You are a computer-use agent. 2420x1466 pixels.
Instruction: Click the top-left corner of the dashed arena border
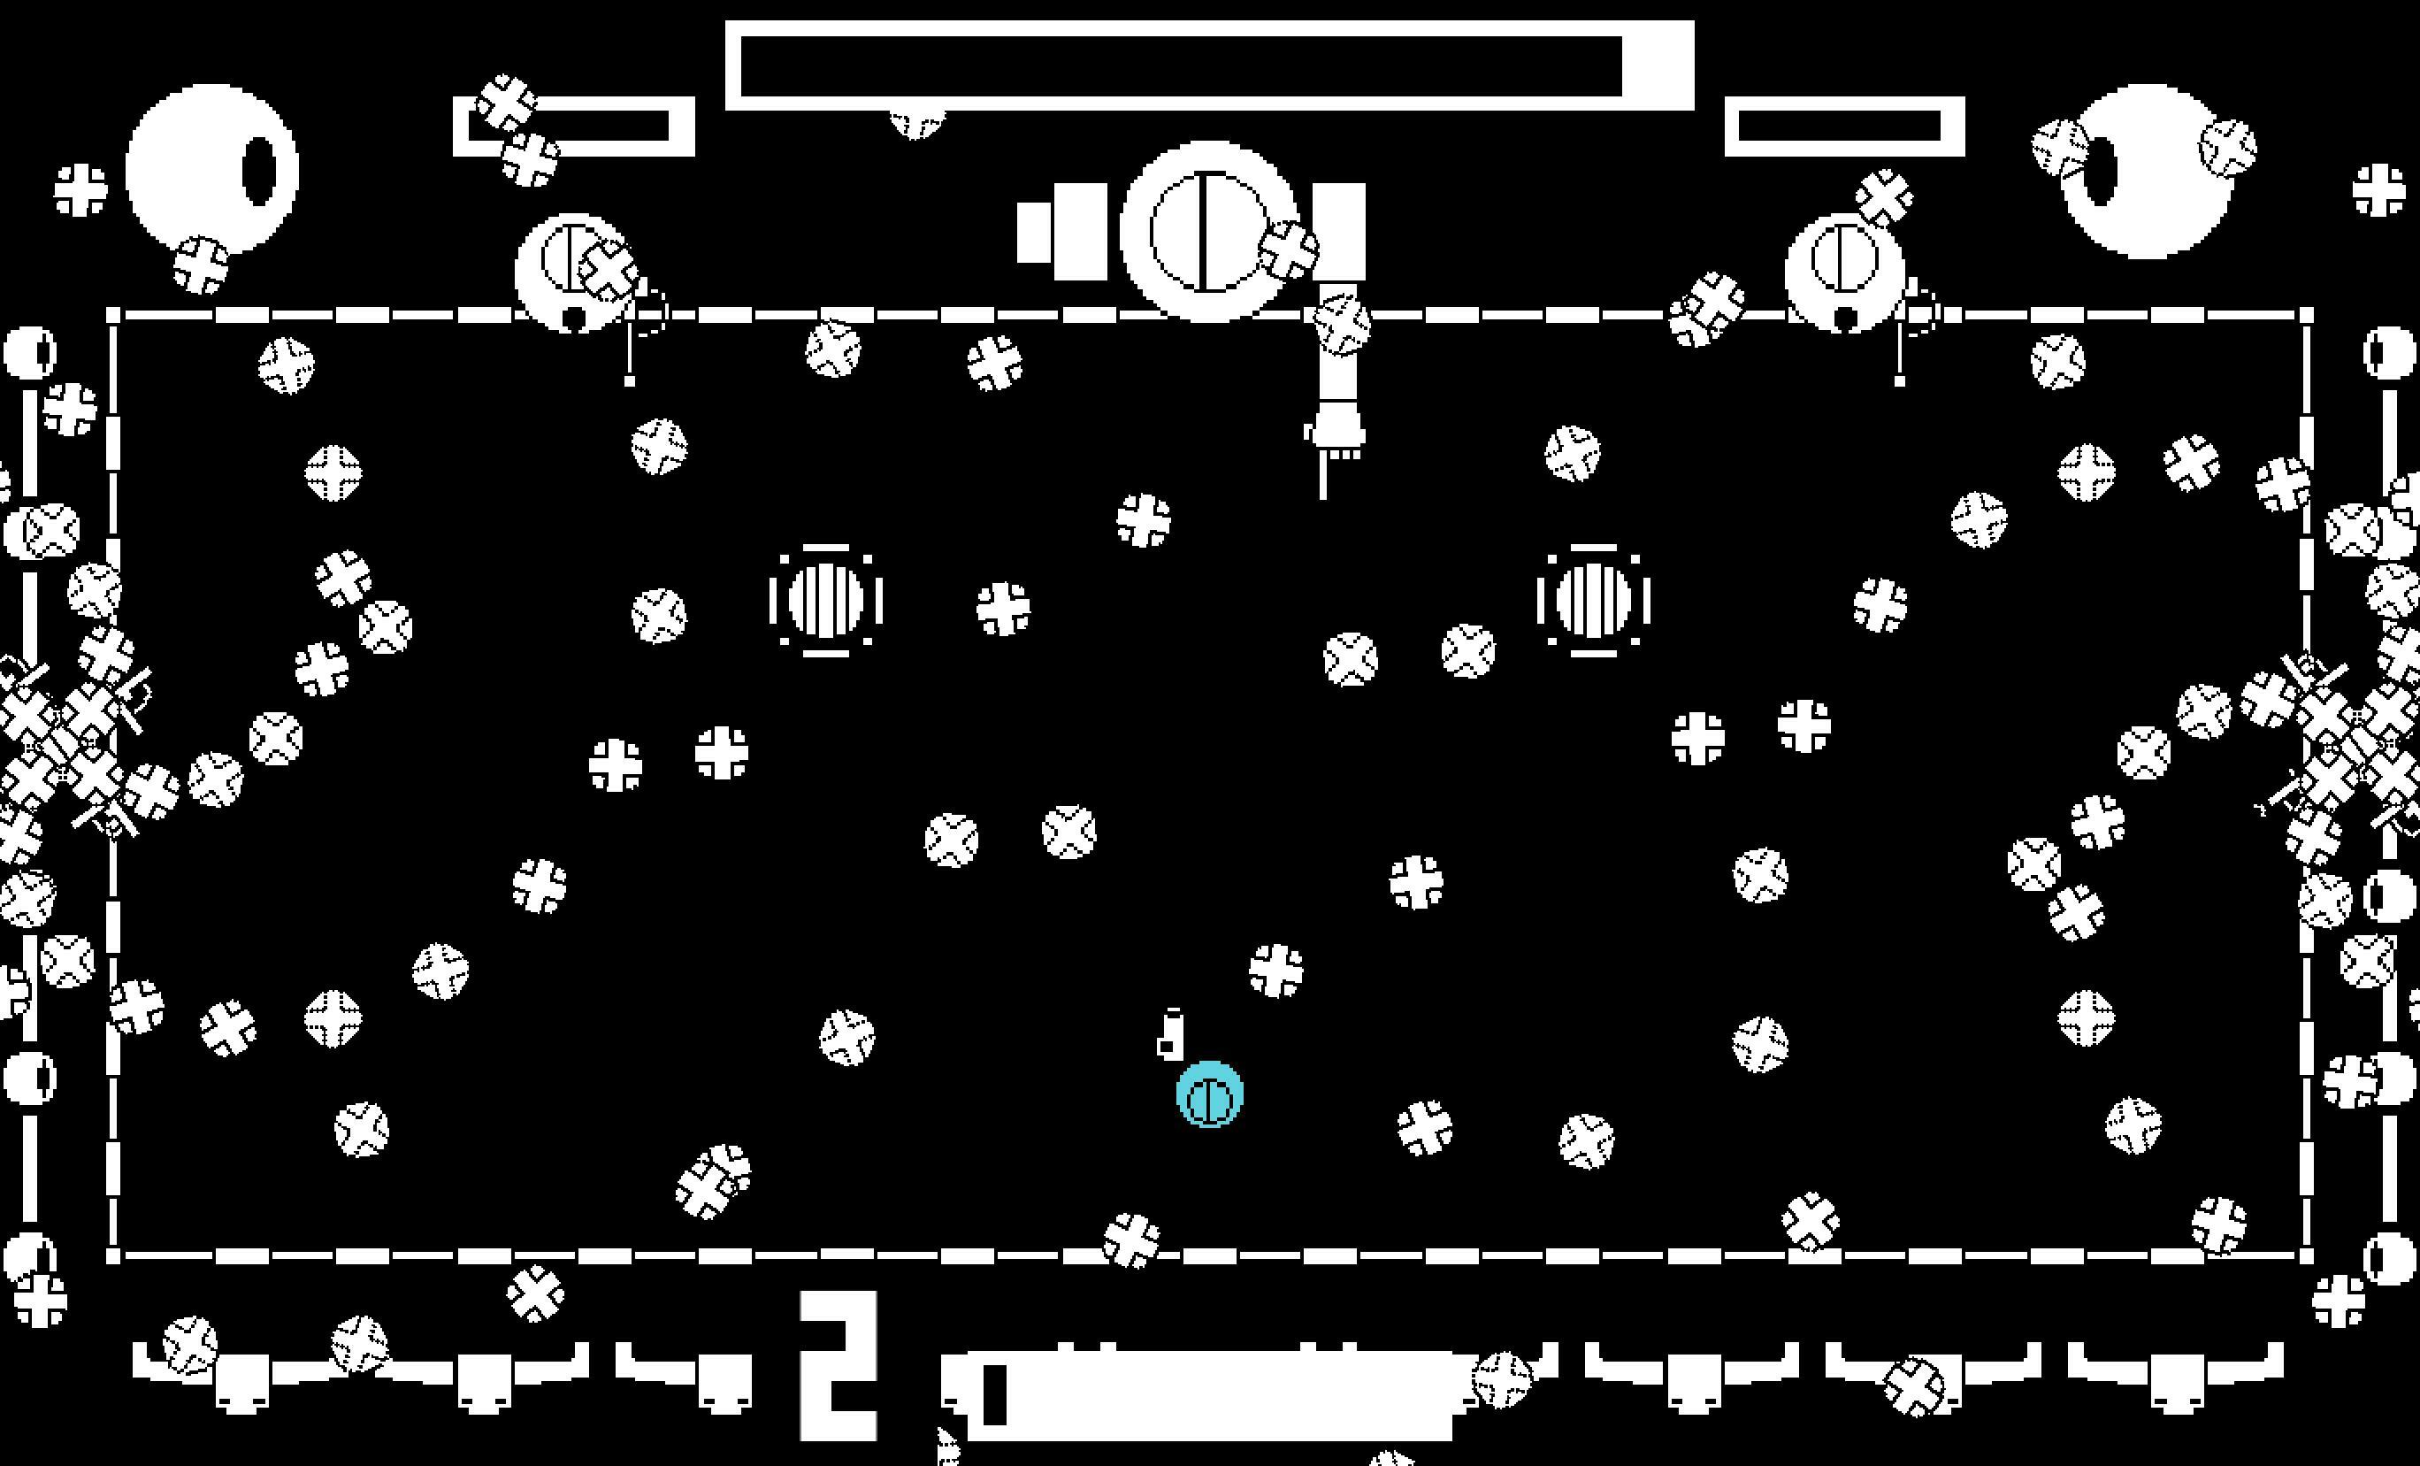pyautogui.click(x=113, y=315)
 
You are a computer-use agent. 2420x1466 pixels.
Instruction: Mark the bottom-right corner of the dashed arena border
pyautogui.click(x=2306, y=1255)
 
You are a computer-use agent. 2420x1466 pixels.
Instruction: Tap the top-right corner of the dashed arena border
pyautogui.click(x=2306, y=315)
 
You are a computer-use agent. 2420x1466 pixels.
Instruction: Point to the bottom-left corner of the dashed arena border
pyautogui.click(x=113, y=1255)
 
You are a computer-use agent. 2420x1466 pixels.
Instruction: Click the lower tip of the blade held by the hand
pyautogui.click(x=1323, y=497)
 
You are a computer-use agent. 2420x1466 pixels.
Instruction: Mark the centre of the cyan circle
pyautogui.click(x=1210, y=1094)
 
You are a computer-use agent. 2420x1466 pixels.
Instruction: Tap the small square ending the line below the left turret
pyautogui.click(x=630, y=380)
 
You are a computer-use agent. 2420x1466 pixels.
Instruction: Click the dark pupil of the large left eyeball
pyautogui.click(x=260, y=172)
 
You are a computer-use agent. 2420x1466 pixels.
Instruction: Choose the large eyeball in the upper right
pyautogui.click(x=2146, y=172)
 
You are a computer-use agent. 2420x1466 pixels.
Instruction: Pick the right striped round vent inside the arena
pyautogui.click(x=1594, y=599)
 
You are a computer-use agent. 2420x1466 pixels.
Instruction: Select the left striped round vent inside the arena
pyautogui.click(x=826, y=599)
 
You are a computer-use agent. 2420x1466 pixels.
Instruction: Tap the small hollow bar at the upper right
pyautogui.click(x=1844, y=127)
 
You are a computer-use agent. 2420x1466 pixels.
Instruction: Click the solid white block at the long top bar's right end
pyautogui.click(x=1658, y=65)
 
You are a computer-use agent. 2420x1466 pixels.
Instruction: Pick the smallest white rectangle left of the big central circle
pyautogui.click(x=1034, y=233)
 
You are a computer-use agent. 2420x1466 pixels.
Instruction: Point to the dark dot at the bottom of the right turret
pyautogui.click(x=1845, y=319)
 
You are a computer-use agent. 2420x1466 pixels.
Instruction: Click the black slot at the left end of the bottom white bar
pyautogui.click(x=995, y=1394)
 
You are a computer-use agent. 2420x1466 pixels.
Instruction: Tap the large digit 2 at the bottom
pyautogui.click(x=839, y=1366)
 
